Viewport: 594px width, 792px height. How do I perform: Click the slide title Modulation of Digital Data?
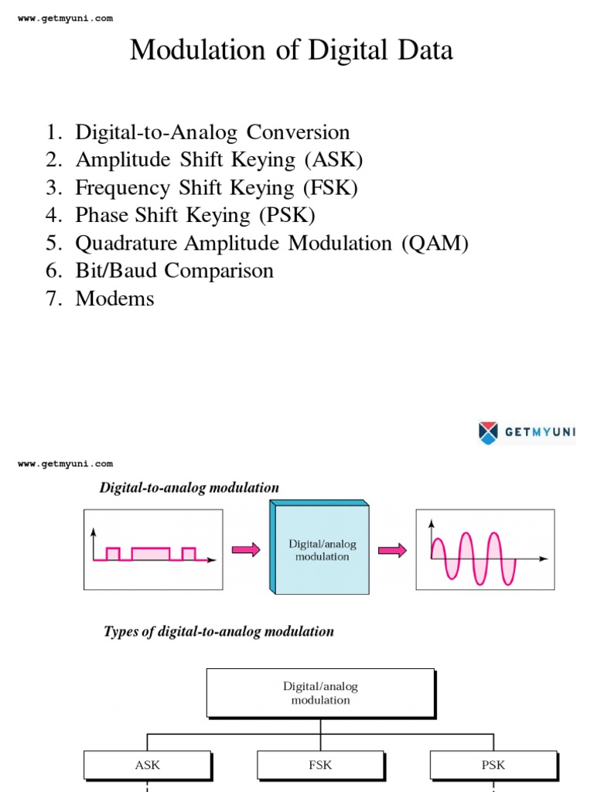(291, 50)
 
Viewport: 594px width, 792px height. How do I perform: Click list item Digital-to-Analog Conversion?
(212, 132)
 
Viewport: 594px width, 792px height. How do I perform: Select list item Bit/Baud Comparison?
(174, 271)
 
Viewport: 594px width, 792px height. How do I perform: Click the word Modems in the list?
(114, 299)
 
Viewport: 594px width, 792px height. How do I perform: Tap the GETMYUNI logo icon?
(488, 432)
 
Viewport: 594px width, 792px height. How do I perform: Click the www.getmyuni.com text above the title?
(65, 19)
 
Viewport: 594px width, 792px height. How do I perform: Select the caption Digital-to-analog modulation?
(189, 487)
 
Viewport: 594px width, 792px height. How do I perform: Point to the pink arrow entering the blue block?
(246, 549)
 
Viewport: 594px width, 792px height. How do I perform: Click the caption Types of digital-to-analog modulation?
(219, 631)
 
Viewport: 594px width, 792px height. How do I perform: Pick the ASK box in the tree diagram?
(147, 765)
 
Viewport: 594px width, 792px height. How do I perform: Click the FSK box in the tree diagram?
(320, 765)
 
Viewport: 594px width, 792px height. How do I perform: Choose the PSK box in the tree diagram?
(493, 765)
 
